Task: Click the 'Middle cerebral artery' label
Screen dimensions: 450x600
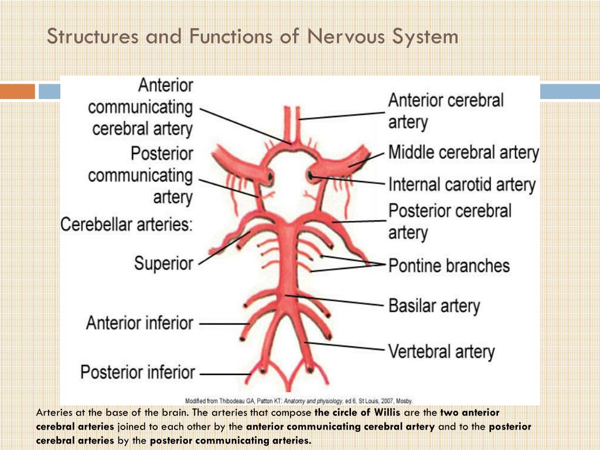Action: tap(463, 154)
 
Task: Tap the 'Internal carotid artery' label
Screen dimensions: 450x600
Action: tap(462, 185)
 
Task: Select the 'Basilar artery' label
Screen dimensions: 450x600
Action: tap(434, 305)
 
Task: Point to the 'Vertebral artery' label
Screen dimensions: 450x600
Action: tap(441, 352)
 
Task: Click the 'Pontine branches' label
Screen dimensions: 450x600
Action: tap(449, 265)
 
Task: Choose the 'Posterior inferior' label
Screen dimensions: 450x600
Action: tap(138, 372)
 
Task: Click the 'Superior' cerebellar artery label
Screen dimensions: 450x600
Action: tap(163, 262)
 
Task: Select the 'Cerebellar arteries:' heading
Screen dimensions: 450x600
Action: tap(127, 224)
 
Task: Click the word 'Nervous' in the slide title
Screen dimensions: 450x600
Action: tap(339, 36)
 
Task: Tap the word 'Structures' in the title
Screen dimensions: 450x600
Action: tap(93, 36)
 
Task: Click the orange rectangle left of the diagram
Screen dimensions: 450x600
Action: tap(18, 91)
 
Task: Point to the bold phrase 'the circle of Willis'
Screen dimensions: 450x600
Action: tap(357, 412)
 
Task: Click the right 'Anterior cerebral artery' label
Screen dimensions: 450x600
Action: tap(445, 111)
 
